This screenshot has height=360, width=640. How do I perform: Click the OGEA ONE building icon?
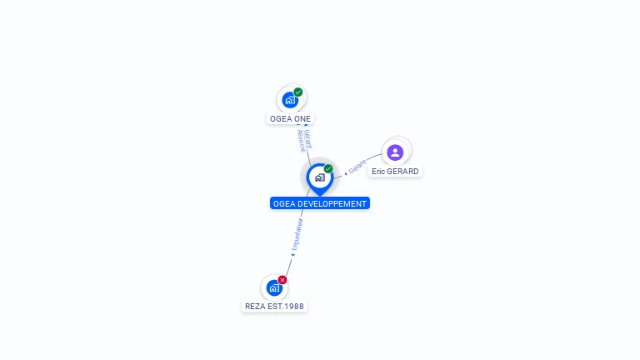point(290,100)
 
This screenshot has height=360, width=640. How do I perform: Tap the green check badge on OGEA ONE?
point(298,92)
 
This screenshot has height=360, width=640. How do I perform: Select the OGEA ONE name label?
point(290,119)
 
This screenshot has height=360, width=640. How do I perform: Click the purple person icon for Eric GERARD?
point(395,152)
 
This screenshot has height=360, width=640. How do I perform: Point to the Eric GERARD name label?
point(395,171)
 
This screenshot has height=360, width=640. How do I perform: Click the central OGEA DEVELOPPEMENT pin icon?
point(319,177)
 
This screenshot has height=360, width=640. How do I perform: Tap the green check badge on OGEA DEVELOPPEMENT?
point(328,168)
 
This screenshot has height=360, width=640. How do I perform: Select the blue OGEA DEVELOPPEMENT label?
point(319,203)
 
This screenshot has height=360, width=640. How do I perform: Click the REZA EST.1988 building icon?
point(274,288)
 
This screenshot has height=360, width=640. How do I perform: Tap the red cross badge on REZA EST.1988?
point(282,280)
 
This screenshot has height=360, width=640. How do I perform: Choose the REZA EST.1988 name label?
point(274,307)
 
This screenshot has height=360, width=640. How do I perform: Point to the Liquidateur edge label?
point(297,236)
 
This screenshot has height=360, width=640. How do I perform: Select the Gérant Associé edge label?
point(304,139)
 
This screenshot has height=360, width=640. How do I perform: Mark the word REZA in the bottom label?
point(255,307)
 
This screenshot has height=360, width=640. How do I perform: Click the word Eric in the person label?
point(378,171)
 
